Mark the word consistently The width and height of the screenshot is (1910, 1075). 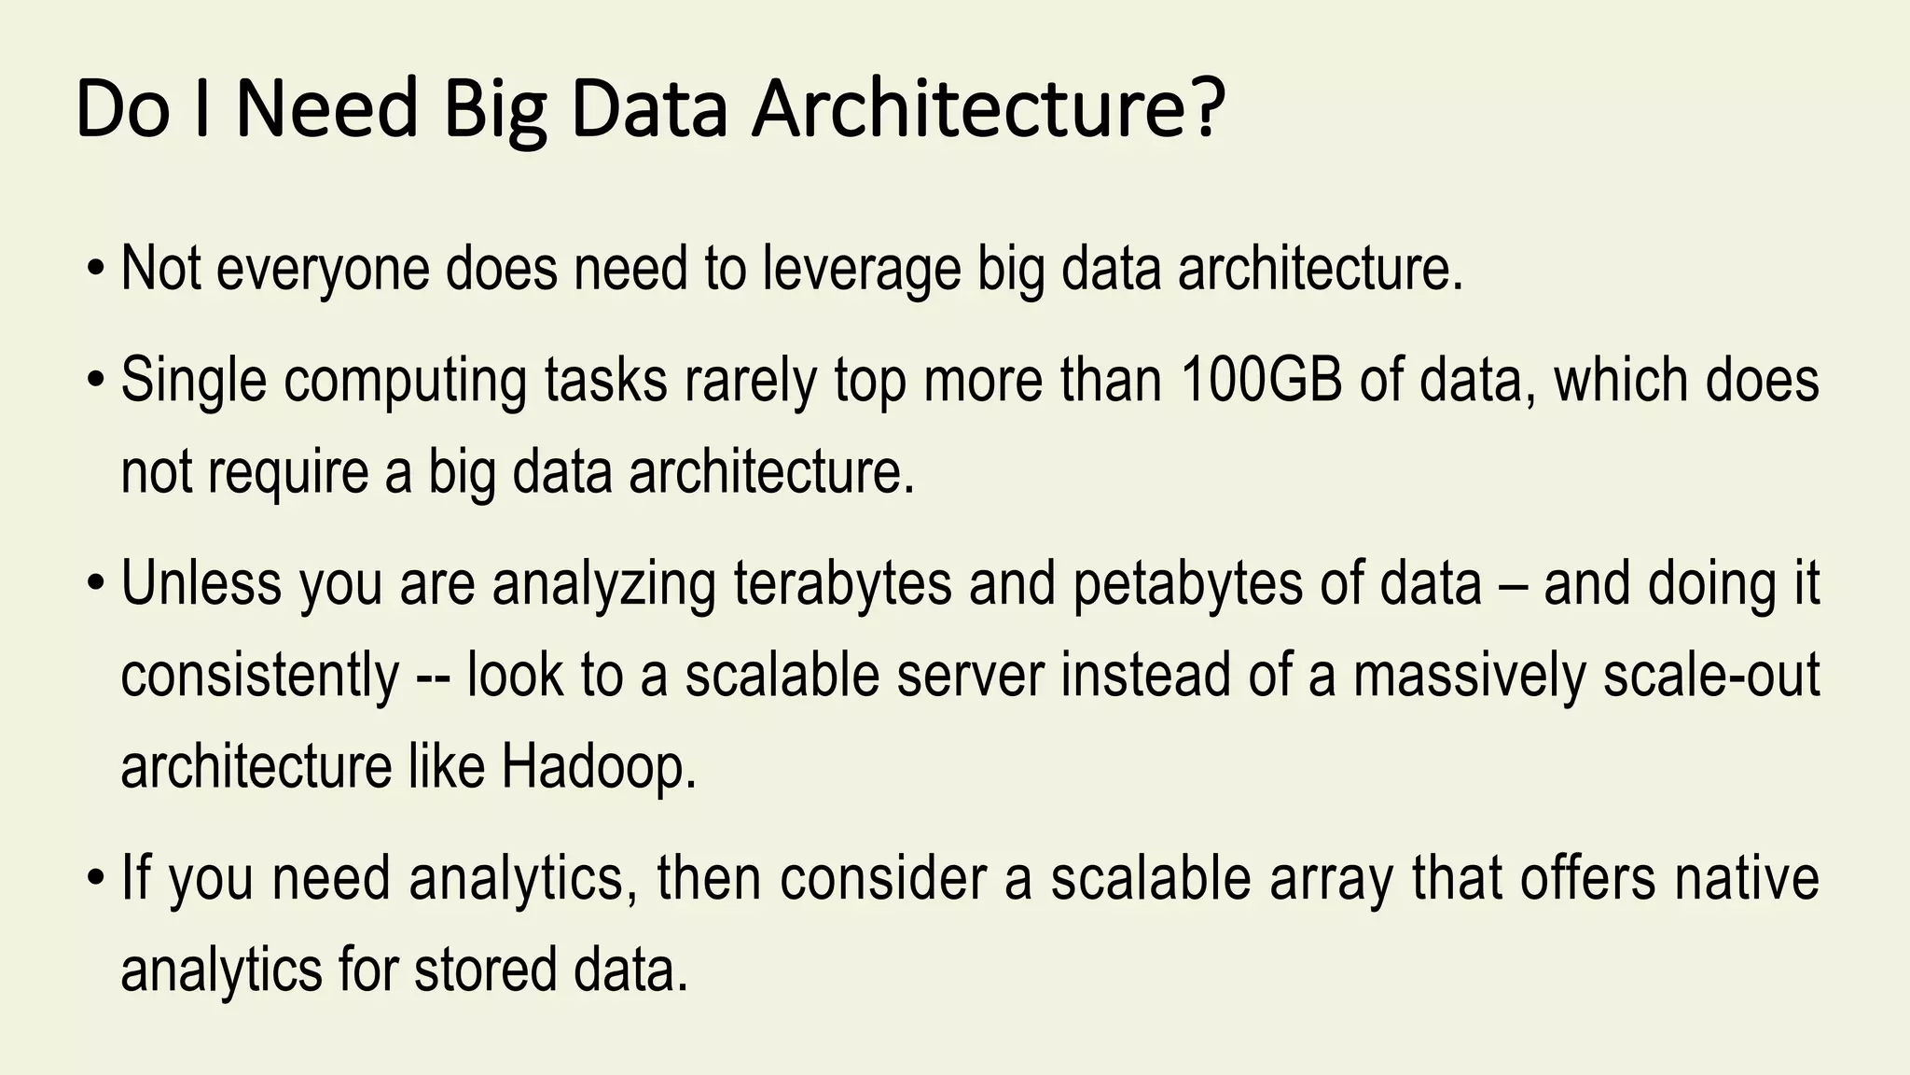[260, 676]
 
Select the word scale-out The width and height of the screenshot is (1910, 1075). [1711, 676]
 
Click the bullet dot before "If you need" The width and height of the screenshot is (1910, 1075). [96, 880]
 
